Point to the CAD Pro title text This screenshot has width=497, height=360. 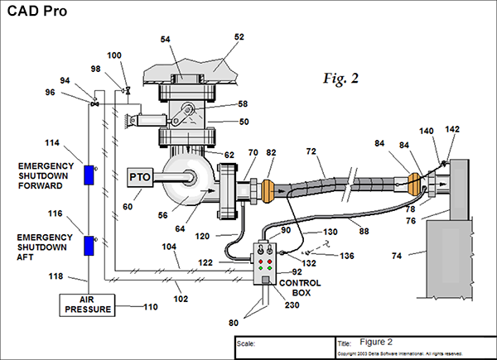pos(38,12)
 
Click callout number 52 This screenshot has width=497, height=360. pos(240,37)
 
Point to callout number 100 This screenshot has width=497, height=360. pos(114,55)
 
